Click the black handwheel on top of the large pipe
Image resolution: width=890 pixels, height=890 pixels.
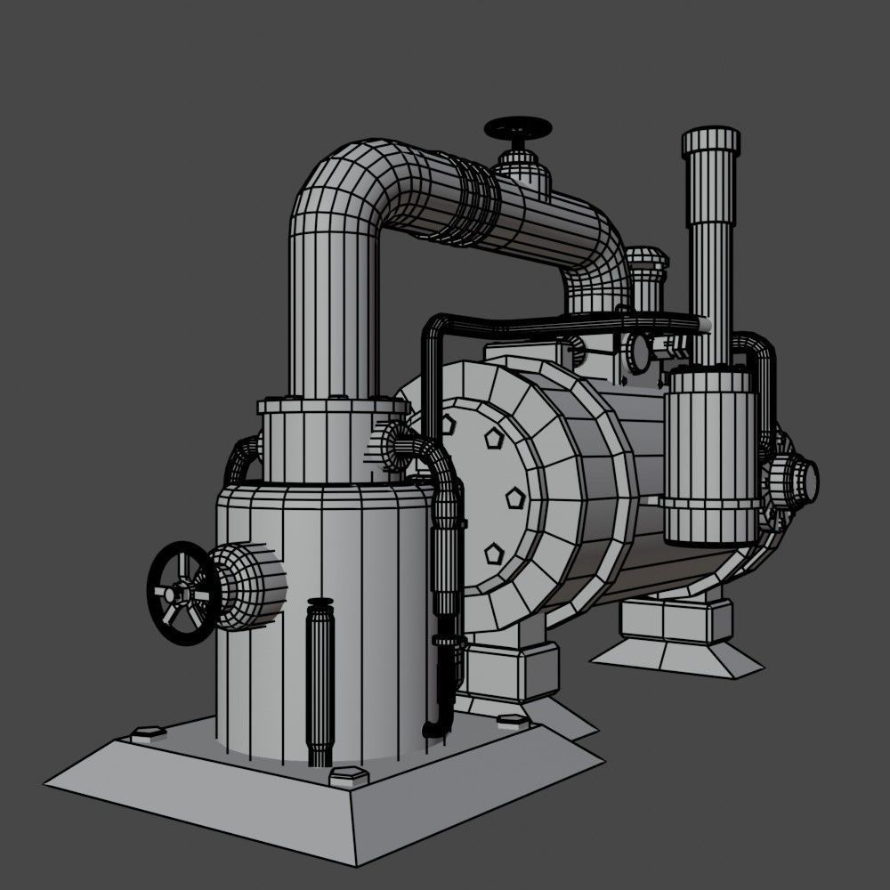point(517,129)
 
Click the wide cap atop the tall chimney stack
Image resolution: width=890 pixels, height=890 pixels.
point(710,141)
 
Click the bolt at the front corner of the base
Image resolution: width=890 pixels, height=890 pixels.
point(348,776)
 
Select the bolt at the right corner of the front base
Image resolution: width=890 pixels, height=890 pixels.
point(511,721)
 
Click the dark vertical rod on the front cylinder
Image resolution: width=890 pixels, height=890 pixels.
point(319,681)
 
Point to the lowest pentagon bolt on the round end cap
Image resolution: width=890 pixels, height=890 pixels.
point(495,554)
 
